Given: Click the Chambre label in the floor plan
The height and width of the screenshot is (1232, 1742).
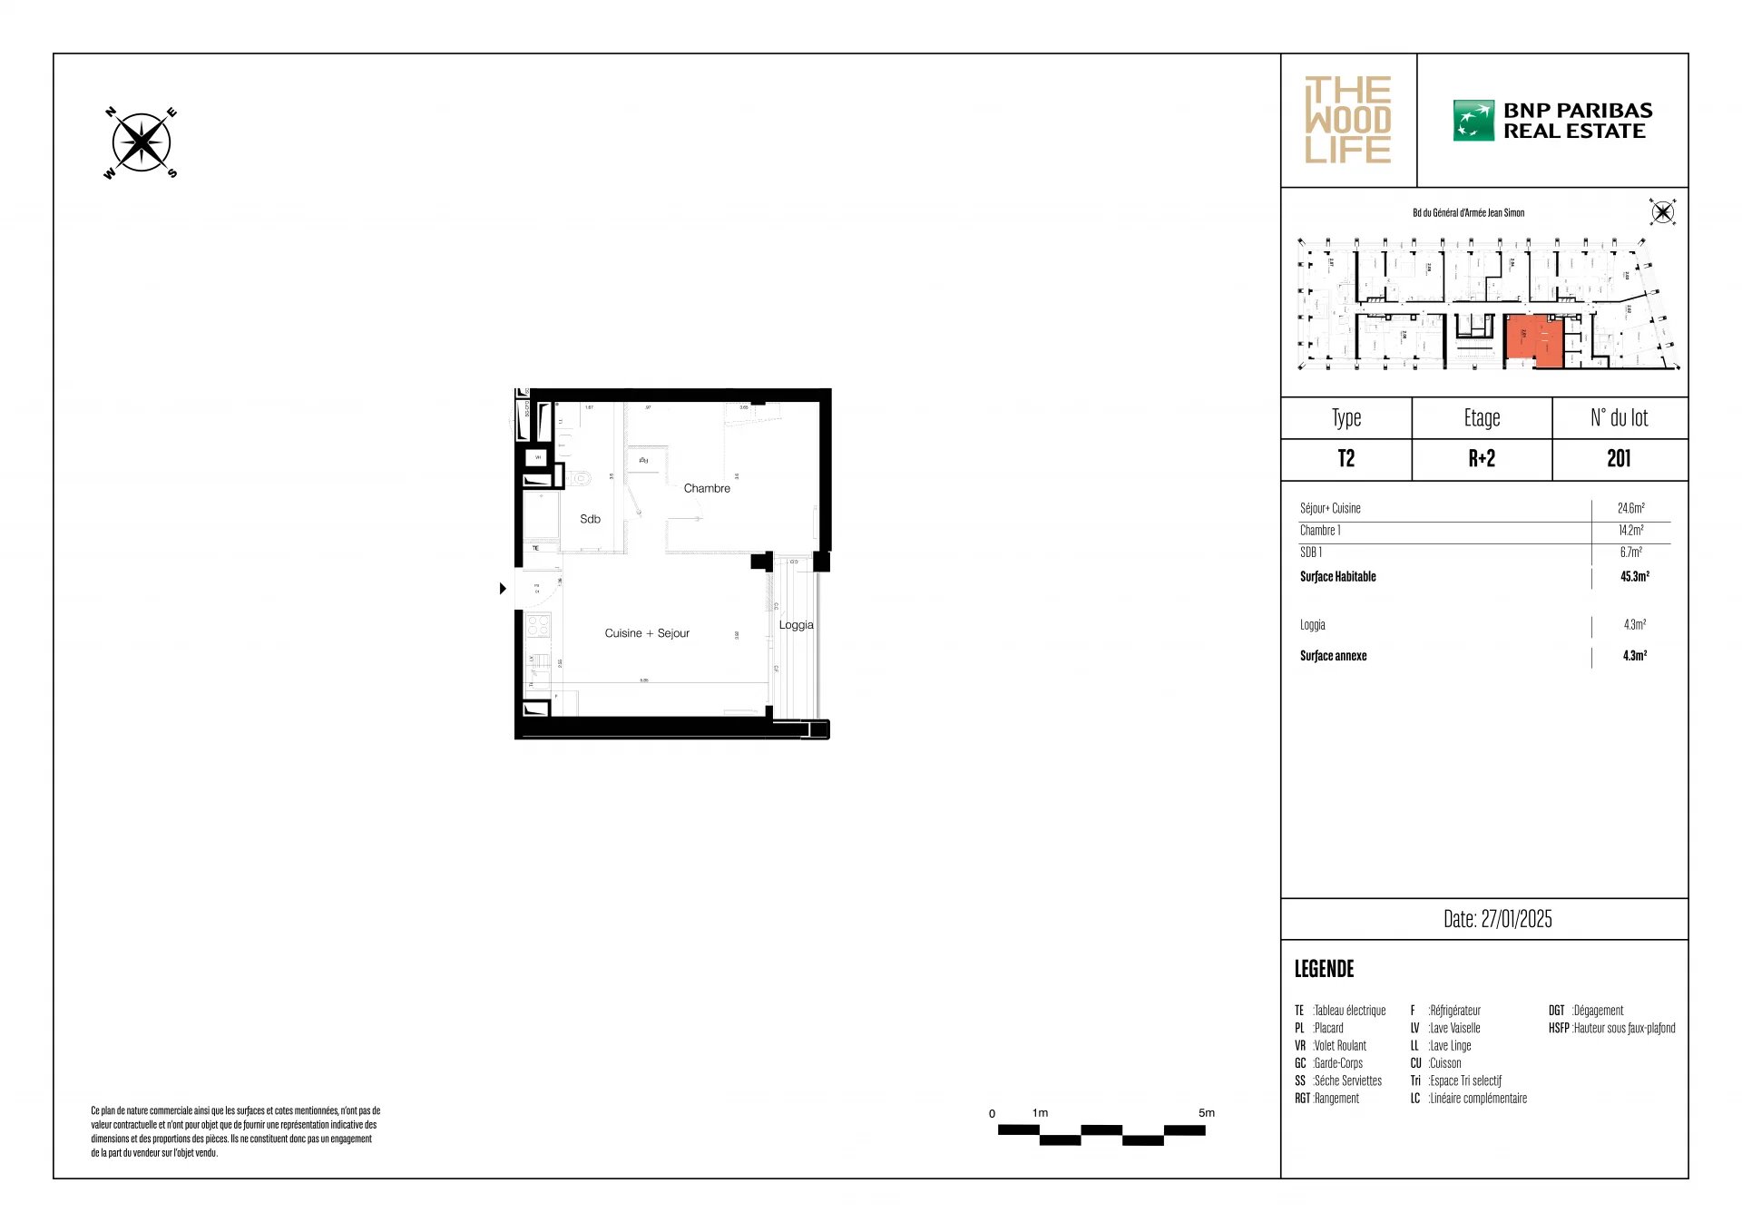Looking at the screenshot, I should point(707,488).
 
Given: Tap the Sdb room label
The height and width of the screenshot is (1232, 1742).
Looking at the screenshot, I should point(590,519).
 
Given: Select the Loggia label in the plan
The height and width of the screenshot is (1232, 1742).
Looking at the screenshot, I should point(796,625).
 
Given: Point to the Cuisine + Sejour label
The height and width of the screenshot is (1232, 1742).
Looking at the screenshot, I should point(647,633).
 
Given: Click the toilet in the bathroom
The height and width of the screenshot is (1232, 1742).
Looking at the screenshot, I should point(580,477).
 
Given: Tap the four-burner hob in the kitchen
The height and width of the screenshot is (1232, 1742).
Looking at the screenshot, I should point(538,626).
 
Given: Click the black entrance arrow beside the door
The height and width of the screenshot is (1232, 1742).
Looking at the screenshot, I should point(503,589).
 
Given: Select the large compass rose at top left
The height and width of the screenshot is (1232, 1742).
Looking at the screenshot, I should point(141,143).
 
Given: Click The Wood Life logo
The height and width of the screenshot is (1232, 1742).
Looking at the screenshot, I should point(1347,120).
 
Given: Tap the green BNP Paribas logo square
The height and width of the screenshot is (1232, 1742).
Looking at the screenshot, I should point(1473,121).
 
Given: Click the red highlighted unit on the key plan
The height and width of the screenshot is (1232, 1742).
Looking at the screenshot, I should point(1532,340).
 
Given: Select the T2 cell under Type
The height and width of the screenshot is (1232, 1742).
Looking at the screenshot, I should point(1346,459).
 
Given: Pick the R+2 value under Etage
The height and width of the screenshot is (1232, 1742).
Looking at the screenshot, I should point(1481,459).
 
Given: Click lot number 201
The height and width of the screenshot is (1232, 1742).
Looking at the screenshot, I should point(1619,459).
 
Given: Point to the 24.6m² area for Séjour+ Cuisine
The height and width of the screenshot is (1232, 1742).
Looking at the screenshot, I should point(1630,509).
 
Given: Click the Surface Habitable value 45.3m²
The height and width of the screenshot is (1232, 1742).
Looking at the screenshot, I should point(1634,577).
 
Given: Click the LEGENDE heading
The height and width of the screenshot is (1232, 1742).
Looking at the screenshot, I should point(1324,969).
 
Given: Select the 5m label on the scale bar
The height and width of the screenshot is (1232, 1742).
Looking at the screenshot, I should point(1206,1113).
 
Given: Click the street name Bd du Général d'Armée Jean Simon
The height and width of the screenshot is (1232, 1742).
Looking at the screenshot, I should point(1468,213).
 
